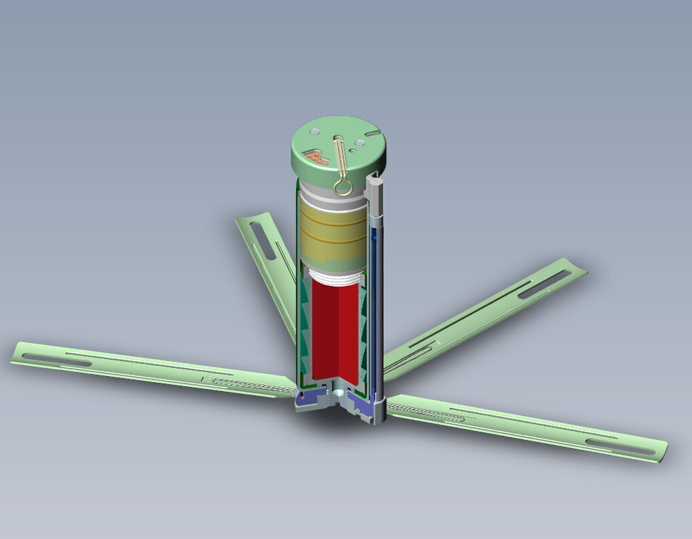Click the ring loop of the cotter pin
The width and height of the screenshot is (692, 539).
point(343,185)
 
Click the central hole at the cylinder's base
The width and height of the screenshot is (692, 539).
point(338,392)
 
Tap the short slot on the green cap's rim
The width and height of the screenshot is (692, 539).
point(372,134)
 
